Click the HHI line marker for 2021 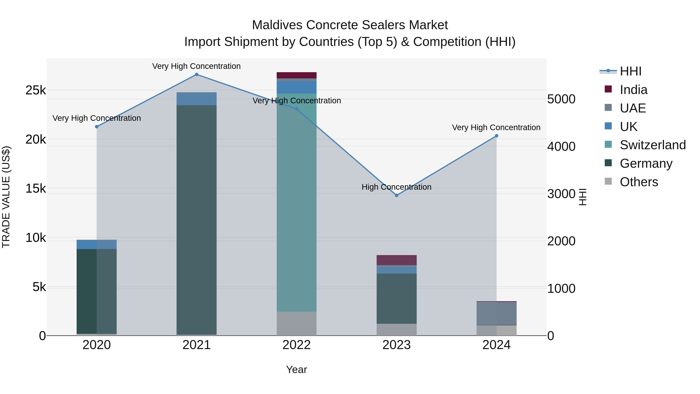click(196, 75)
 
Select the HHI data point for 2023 click(396, 195)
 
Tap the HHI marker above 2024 click(496, 136)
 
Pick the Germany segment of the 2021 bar click(196, 220)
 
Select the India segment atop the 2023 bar click(396, 260)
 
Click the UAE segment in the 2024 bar click(496, 313)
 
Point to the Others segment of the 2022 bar click(297, 324)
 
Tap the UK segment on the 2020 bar click(96, 244)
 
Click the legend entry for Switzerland click(652, 145)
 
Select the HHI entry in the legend click(630, 71)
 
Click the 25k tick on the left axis click(36, 90)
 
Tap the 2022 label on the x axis click(297, 345)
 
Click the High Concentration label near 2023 click(396, 187)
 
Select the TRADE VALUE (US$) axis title click(6, 197)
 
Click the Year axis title click(297, 369)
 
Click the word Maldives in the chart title click(277, 25)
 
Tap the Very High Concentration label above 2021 click(196, 66)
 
